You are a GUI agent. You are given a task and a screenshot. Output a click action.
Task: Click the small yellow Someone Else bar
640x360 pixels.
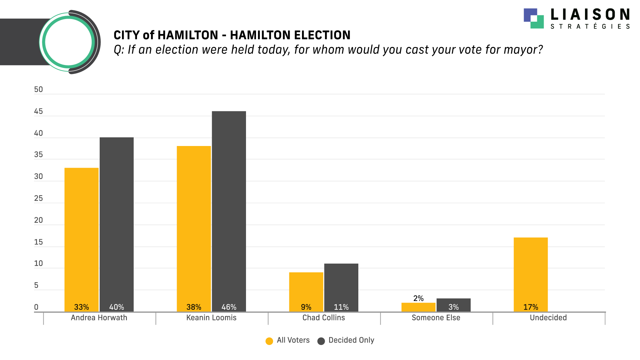(418, 307)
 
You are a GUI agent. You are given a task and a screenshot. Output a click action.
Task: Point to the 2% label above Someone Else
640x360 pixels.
(418, 298)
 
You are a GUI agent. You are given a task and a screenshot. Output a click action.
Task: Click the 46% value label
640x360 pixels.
(229, 307)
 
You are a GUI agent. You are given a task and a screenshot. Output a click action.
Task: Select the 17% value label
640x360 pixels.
(531, 307)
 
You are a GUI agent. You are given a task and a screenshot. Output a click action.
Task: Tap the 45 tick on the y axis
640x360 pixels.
(38, 111)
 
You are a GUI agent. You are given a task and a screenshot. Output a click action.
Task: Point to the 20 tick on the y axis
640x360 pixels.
(38, 220)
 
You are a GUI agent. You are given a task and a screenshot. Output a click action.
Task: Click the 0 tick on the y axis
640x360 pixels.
(36, 307)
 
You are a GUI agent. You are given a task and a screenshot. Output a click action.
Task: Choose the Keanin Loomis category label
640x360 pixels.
(211, 318)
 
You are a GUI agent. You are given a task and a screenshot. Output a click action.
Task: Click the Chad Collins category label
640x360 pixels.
(324, 318)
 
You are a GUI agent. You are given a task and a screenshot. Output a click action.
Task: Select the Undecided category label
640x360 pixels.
(548, 318)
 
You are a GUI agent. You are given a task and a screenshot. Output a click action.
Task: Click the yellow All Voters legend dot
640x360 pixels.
(269, 341)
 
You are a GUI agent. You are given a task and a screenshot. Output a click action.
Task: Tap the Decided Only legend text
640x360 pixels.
(351, 340)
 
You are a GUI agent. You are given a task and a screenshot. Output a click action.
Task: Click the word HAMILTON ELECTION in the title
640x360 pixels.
(290, 35)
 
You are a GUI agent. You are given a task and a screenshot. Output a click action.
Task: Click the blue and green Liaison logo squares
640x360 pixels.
(534, 18)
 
